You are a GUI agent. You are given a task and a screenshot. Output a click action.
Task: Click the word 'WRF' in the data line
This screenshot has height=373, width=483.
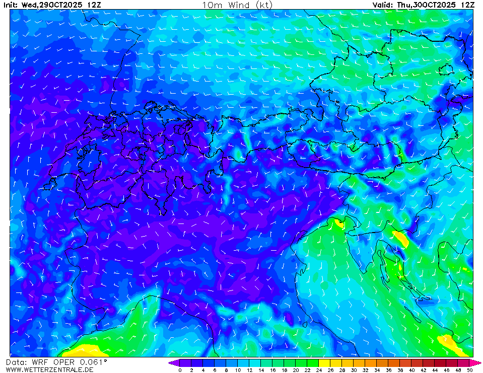pos(38,362)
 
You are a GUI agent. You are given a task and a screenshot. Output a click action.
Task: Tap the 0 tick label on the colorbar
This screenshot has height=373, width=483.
pos(180,370)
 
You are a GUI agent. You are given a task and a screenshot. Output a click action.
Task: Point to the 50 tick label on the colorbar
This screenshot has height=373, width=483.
pos(470,370)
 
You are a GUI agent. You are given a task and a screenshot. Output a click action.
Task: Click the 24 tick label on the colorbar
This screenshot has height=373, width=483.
pos(319,370)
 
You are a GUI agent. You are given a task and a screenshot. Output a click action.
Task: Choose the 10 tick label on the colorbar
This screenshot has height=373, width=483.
pos(238,370)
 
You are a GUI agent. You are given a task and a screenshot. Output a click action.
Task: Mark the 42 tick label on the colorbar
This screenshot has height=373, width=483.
pos(424,370)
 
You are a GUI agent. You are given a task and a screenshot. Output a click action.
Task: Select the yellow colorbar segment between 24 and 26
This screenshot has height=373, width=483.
pos(324,362)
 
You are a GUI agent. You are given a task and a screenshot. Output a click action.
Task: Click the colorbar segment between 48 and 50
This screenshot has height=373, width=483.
pos(464,362)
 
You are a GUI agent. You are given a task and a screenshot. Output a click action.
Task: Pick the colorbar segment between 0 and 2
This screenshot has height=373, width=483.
pos(185,362)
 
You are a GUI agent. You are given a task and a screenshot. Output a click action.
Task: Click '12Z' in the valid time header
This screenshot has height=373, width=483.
pos(467,5)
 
